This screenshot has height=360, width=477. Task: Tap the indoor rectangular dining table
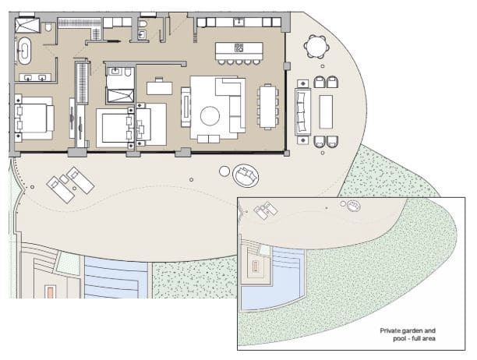tap(267, 104)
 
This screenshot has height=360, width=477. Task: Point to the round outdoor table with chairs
tap(316, 49)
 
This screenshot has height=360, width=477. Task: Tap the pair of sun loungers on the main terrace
tap(70, 184)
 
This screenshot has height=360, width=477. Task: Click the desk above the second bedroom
tap(159, 86)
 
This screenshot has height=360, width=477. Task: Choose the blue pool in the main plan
tap(115, 277)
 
